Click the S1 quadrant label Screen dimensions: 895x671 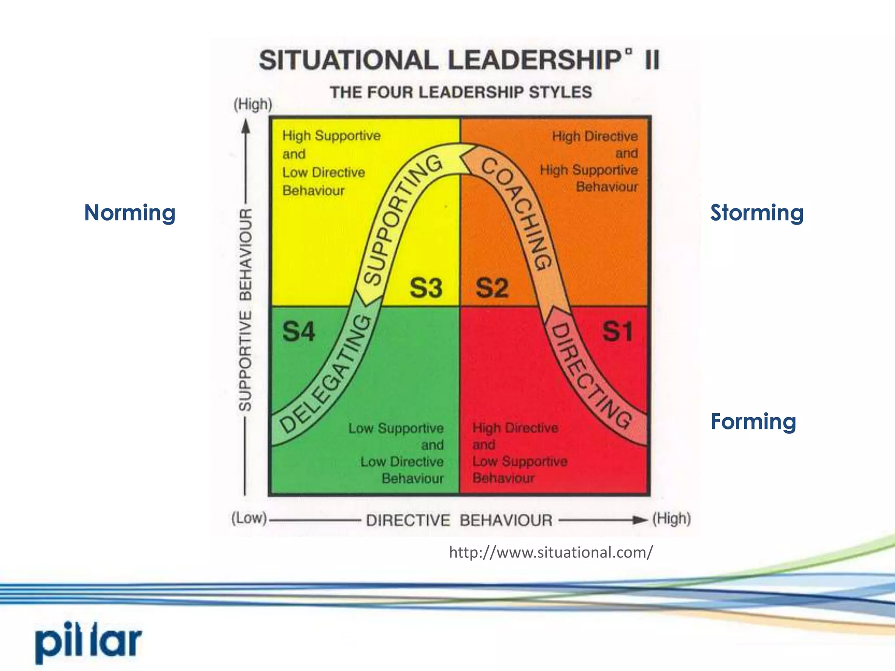[x=617, y=332]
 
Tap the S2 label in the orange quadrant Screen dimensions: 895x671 [x=492, y=288]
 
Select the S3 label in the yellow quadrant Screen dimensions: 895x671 [x=426, y=288]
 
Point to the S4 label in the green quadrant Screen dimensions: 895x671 [x=298, y=332]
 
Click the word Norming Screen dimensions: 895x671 [x=130, y=213]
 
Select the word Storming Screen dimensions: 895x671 [x=757, y=213]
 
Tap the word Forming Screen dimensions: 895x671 [x=753, y=422]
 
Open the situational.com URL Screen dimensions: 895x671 [x=551, y=553]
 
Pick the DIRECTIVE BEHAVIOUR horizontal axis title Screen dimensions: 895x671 [x=459, y=520]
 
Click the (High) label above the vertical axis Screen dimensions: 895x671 [x=253, y=104]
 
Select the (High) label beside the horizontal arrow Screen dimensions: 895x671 [x=672, y=519]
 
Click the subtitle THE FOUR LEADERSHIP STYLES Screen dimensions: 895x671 [x=461, y=93]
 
